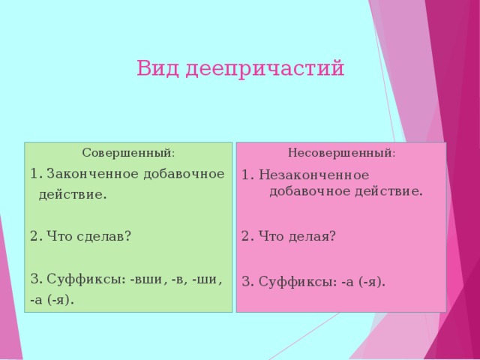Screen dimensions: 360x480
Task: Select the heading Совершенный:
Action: tap(128, 153)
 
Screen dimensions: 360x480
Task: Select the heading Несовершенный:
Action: tap(342, 153)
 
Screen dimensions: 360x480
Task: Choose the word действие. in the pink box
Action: tap(385, 191)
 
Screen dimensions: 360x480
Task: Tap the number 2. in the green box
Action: tap(36, 235)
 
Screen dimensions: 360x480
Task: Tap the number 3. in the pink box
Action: tap(248, 282)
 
